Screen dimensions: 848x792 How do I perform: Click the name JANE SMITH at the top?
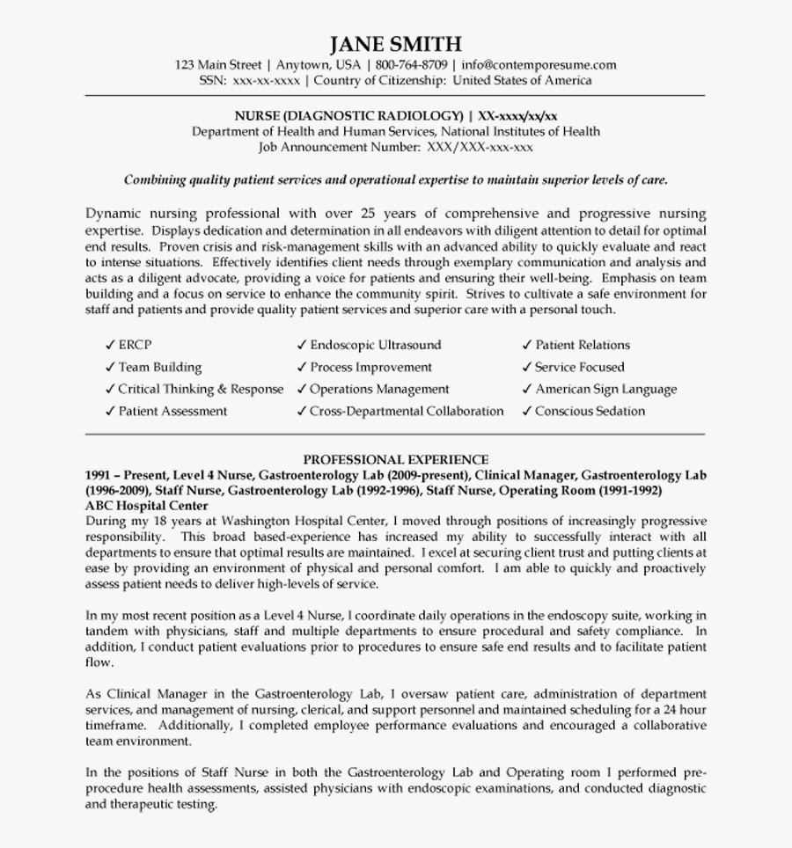tap(395, 44)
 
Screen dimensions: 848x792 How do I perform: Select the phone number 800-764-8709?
tap(411, 65)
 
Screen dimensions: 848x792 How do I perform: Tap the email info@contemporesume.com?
tap(539, 65)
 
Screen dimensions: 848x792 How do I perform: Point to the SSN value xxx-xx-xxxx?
tap(266, 80)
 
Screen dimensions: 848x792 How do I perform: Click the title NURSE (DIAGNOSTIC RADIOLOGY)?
tap(348, 116)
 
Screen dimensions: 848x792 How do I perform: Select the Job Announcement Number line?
tap(395, 147)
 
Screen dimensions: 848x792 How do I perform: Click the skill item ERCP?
tap(135, 345)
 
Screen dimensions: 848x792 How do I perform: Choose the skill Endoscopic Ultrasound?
tap(375, 345)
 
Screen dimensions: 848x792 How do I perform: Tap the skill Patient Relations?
tap(582, 345)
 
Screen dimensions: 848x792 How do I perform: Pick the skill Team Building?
tap(159, 367)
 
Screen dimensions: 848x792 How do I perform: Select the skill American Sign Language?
tap(605, 389)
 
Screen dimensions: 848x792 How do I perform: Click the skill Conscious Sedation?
tap(590, 411)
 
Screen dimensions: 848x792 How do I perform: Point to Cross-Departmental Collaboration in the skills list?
tap(407, 411)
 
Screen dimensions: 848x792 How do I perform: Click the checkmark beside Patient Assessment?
tap(110, 411)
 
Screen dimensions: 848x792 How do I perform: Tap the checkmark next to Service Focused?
tap(527, 367)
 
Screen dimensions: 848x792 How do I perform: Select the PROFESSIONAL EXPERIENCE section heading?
tap(395, 459)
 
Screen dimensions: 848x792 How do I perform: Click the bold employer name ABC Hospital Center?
tap(147, 506)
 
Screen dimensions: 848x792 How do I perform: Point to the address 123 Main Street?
tap(218, 65)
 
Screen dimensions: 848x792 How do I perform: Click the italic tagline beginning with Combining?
tap(395, 180)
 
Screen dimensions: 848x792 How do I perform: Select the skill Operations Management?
tap(379, 389)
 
